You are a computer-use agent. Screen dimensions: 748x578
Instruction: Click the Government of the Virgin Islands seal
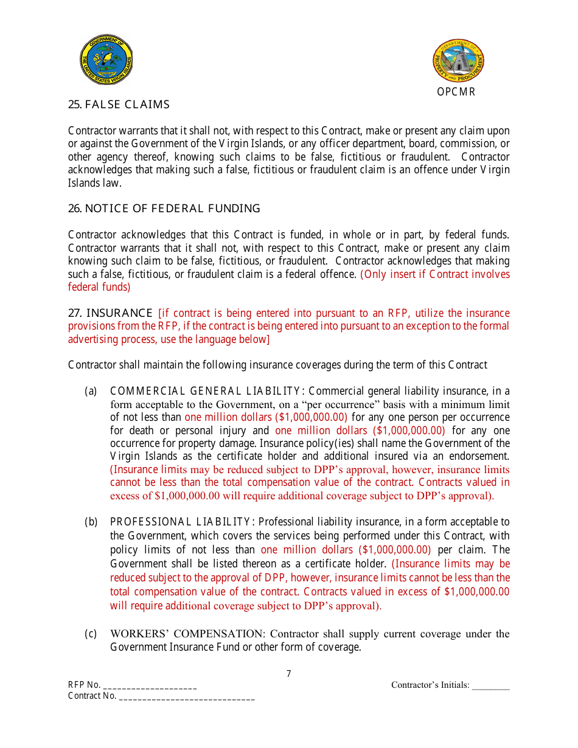[106, 60]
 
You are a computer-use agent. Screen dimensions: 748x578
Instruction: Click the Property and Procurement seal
[458, 61]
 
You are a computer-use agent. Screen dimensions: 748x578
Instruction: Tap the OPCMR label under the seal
[456, 92]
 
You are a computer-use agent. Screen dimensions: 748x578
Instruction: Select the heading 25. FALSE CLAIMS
[119, 105]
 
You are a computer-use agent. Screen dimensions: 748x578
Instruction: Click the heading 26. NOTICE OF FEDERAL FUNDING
[164, 209]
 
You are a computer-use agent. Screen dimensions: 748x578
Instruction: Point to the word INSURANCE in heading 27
[119, 313]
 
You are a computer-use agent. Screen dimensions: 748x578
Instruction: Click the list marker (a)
[91, 391]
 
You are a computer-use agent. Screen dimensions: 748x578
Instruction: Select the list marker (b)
[91, 522]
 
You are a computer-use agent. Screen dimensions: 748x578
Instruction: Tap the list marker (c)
[91, 634]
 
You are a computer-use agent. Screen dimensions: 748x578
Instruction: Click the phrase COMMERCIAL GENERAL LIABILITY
[206, 391]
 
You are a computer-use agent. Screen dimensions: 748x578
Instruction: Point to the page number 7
[288, 674]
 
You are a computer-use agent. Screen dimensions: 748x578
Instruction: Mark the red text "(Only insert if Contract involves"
[435, 274]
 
